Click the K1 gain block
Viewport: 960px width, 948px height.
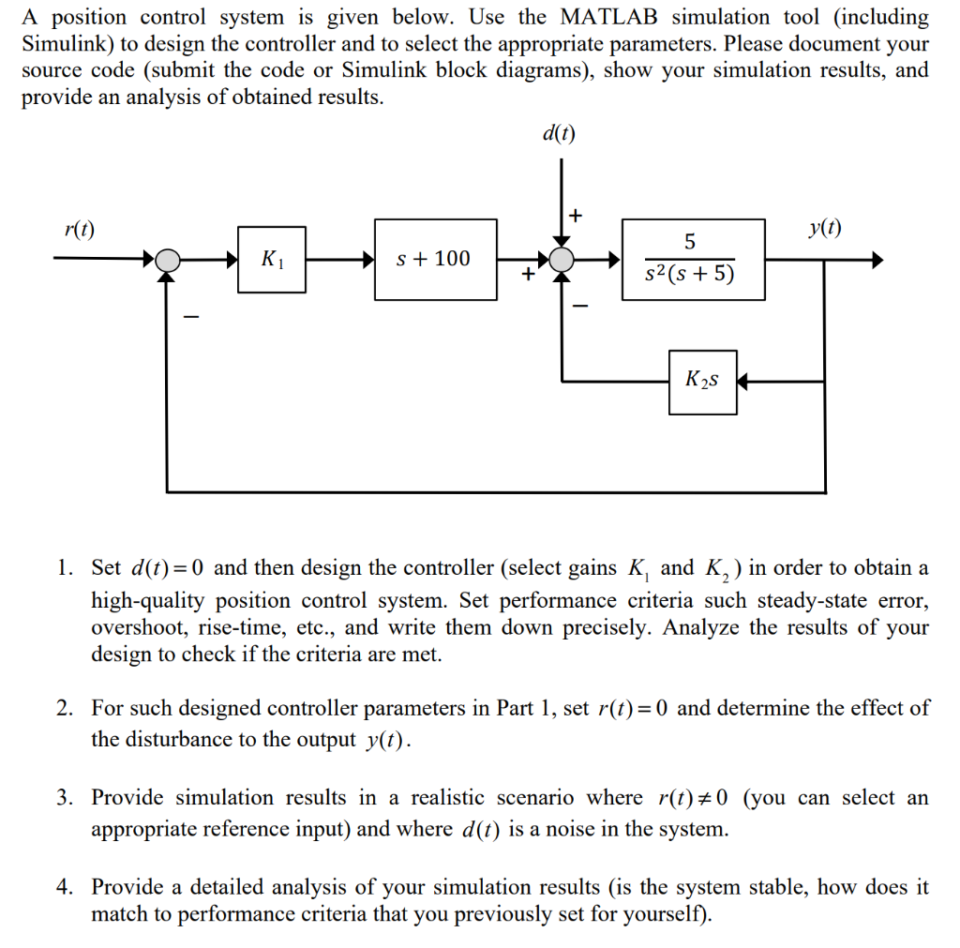[x=271, y=260]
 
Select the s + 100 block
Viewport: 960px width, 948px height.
[x=435, y=260]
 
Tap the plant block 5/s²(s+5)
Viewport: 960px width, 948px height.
[x=691, y=259]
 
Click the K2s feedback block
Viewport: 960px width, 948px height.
[x=702, y=381]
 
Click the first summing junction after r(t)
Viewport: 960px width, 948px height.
[x=167, y=261]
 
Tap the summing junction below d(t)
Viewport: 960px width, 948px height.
[x=561, y=261]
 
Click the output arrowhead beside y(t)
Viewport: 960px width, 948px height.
[x=877, y=261]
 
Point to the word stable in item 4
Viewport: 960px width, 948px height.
[x=776, y=886]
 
